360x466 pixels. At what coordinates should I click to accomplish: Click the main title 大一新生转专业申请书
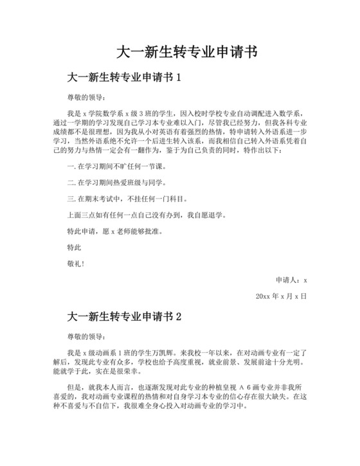tap(179, 51)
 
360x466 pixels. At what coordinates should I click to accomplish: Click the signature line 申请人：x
tap(291, 280)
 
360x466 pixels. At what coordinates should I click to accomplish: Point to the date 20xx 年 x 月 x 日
tap(281, 296)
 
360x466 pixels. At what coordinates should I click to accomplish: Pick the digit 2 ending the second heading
tap(179, 317)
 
